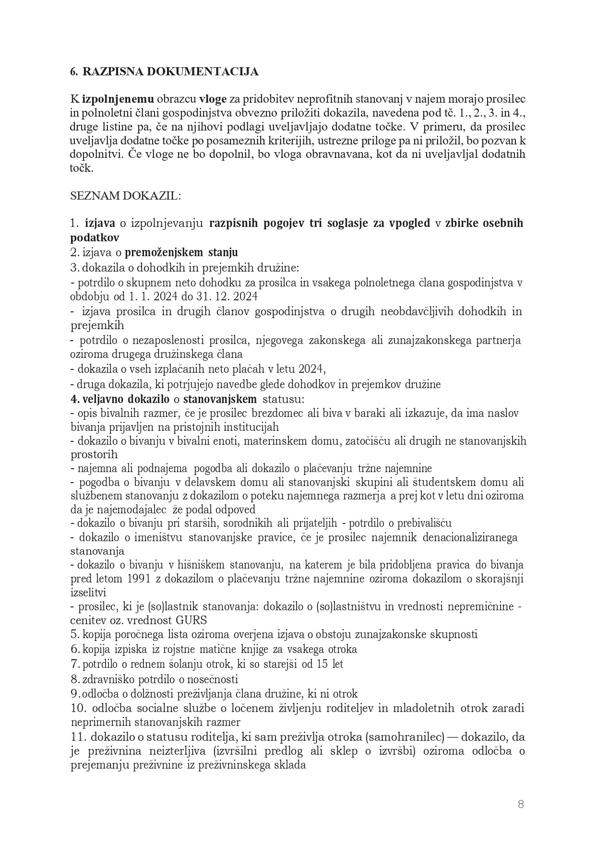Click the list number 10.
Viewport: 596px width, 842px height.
pyautogui.click(x=77, y=708)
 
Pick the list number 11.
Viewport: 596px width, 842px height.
pyautogui.click(x=78, y=736)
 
